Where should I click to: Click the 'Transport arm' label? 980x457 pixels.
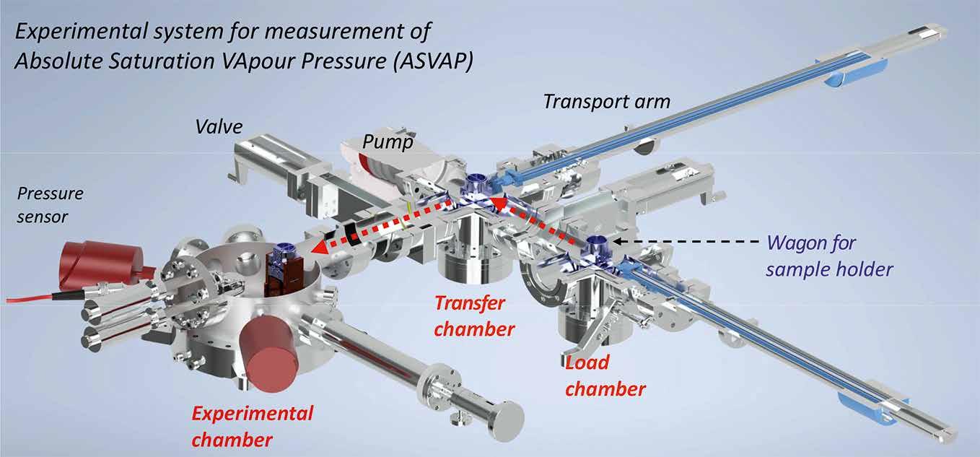tap(607, 102)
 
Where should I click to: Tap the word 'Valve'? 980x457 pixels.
tap(219, 127)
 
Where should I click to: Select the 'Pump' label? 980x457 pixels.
tap(388, 142)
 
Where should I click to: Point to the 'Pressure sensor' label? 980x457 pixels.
tap(50, 205)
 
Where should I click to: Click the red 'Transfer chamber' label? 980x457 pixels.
tap(474, 316)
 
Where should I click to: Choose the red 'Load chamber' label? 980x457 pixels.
tap(605, 375)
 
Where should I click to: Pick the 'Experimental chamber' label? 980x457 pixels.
tap(253, 427)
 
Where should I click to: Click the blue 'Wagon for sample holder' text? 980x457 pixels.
tap(829, 256)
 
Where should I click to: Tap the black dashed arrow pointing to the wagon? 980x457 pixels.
tap(686, 240)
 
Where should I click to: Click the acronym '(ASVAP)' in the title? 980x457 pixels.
tap(433, 61)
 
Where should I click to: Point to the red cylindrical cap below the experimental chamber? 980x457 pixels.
tap(268, 354)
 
